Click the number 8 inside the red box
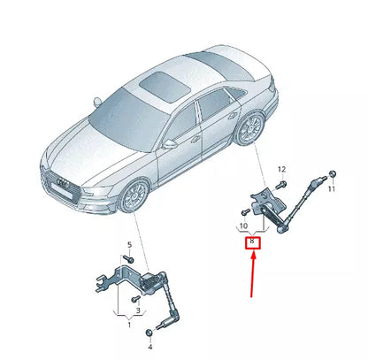(252, 241)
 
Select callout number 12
(281, 169)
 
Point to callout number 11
(333, 189)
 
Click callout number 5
(128, 245)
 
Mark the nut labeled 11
(330, 172)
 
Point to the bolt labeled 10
(242, 213)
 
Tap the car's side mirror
(169, 143)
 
